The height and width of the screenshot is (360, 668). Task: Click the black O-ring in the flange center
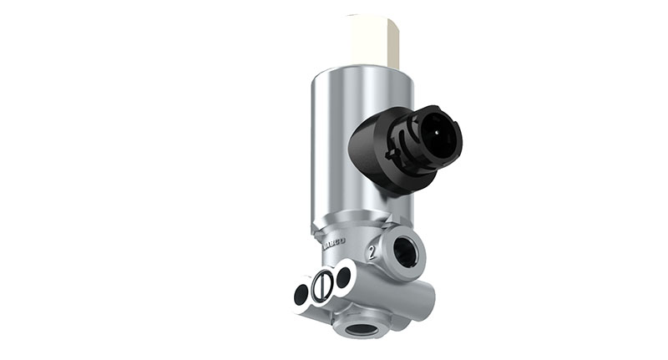click(x=321, y=285)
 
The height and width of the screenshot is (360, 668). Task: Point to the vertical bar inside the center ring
click(x=321, y=285)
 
